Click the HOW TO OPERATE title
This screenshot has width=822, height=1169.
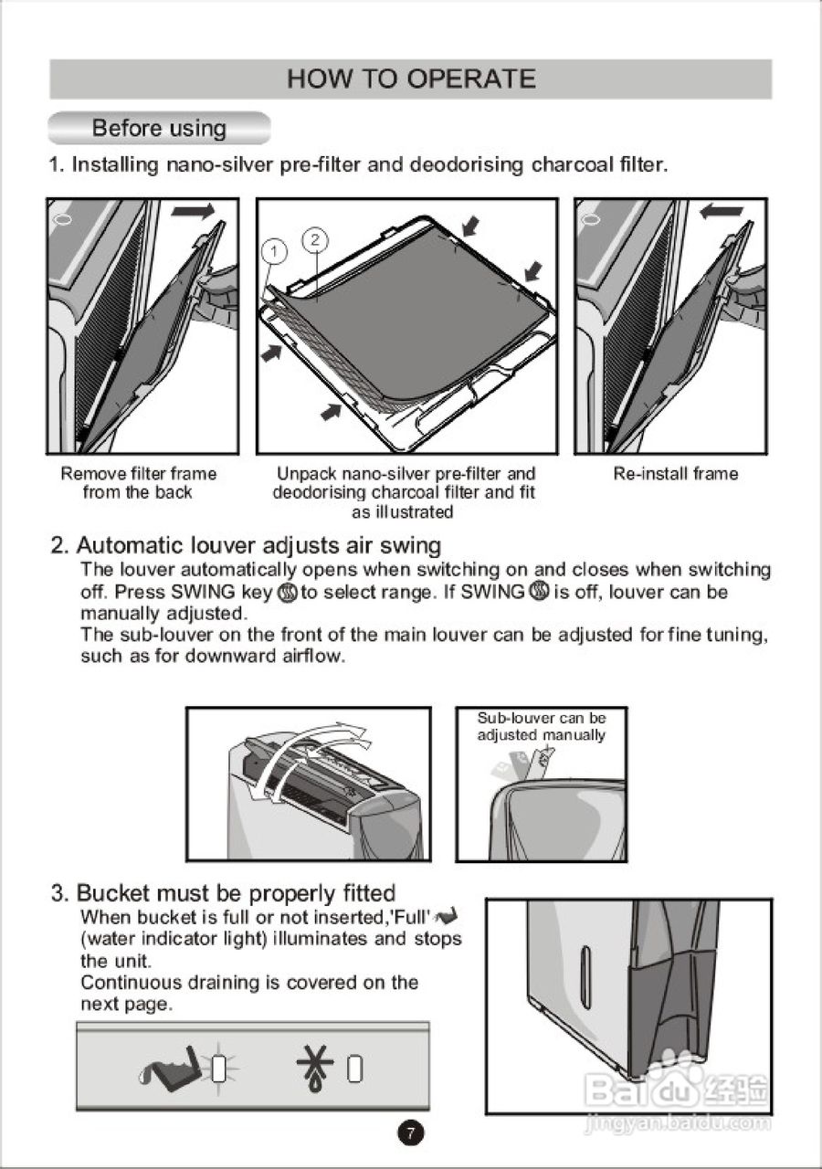pyautogui.click(x=411, y=79)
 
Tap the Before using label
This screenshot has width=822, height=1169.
pyautogui.click(x=159, y=128)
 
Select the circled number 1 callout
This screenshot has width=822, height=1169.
pyautogui.click(x=275, y=252)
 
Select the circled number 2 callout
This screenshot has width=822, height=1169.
pyautogui.click(x=315, y=239)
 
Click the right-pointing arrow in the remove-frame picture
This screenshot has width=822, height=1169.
pyautogui.click(x=193, y=211)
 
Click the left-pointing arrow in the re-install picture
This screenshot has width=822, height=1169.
pyautogui.click(x=722, y=211)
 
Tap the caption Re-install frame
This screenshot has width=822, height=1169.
pyautogui.click(x=676, y=474)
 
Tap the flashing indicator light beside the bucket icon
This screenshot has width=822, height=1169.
pyautogui.click(x=219, y=1069)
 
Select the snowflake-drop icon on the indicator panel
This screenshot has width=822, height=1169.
pyautogui.click(x=316, y=1069)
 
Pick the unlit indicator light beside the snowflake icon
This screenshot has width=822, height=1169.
pyautogui.click(x=355, y=1069)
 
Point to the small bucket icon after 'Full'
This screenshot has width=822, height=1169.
pyautogui.click(x=447, y=915)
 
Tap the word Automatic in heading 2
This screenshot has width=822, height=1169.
pyautogui.click(x=130, y=545)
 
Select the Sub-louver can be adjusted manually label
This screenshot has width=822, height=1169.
pyautogui.click(x=542, y=726)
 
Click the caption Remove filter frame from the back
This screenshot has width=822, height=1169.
pyautogui.click(x=138, y=483)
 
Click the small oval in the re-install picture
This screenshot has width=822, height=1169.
pyautogui.click(x=591, y=220)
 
